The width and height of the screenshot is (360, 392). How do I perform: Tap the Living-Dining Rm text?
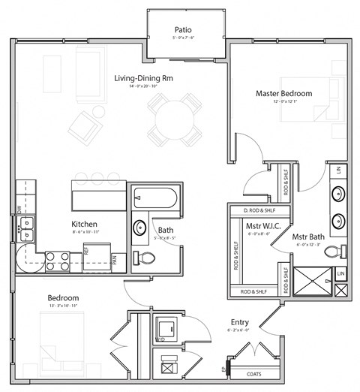[145, 78]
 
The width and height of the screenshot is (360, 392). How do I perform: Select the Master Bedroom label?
[283, 93]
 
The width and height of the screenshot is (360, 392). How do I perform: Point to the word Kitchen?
[85, 224]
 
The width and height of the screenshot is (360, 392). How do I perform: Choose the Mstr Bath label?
[308, 236]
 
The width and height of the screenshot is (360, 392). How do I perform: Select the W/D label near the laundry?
[160, 339]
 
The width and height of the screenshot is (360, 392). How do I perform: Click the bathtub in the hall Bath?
[154, 200]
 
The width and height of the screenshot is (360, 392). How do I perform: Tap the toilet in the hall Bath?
[145, 258]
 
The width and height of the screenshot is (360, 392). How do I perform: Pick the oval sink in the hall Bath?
[139, 228]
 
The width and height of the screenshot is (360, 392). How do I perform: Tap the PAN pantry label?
[114, 260]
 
